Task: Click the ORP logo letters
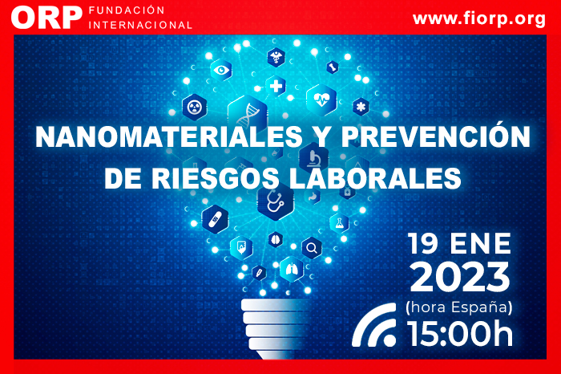[x=46, y=18]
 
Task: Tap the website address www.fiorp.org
[x=479, y=18]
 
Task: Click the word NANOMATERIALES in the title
[x=169, y=137]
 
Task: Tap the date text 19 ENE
[x=459, y=244]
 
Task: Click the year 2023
[x=460, y=277]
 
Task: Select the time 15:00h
[x=460, y=334]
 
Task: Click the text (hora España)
[x=459, y=307]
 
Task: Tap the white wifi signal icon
[x=374, y=325]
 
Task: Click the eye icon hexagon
[x=221, y=70]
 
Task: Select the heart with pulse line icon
[x=321, y=100]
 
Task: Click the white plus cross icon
[x=276, y=87]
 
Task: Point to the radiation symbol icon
[x=194, y=107]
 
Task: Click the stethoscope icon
[x=275, y=201]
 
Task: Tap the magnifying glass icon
[x=312, y=247]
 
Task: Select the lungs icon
[x=292, y=270]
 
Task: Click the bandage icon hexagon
[x=215, y=218]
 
